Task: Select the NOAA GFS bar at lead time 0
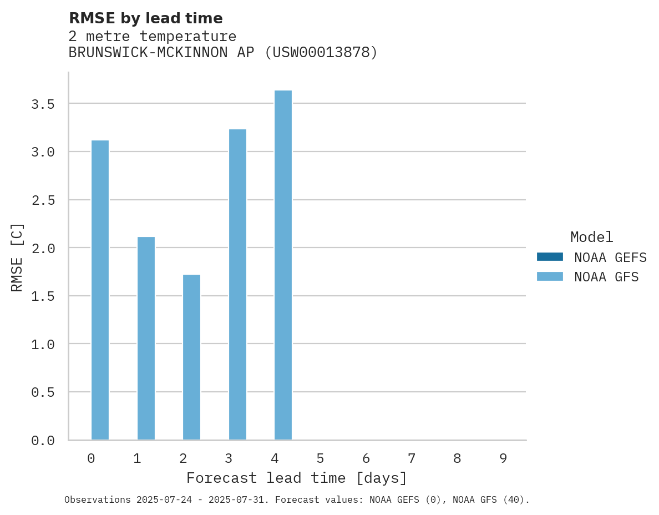pyautogui.click(x=100, y=290)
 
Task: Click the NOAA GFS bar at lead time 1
pyautogui.click(x=146, y=339)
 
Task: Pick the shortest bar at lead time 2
pyautogui.click(x=191, y=357)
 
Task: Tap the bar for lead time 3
pyautogui.click(x=237, y=285)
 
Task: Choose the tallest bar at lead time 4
pyautogui.click(x=283, y=265)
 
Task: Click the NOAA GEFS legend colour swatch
pyautogui.click(x=550, y=257)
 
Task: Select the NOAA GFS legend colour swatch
pyautogui.click(x=550, y=276)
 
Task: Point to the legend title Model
pyautogui.click(x=591, y=237)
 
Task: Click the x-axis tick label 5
pyautogui.click(x=320, y=458)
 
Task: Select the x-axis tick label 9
pyautogui.click(x=503, y=458)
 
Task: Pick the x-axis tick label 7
pyautogui.click(x=412, y=458)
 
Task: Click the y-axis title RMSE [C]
pyautogui.click(x=17, y=257)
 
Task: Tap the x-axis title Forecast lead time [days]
pyautogui.click(x=297, y=478)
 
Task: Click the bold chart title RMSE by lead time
pyautogui.click(x=145, y=18)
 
